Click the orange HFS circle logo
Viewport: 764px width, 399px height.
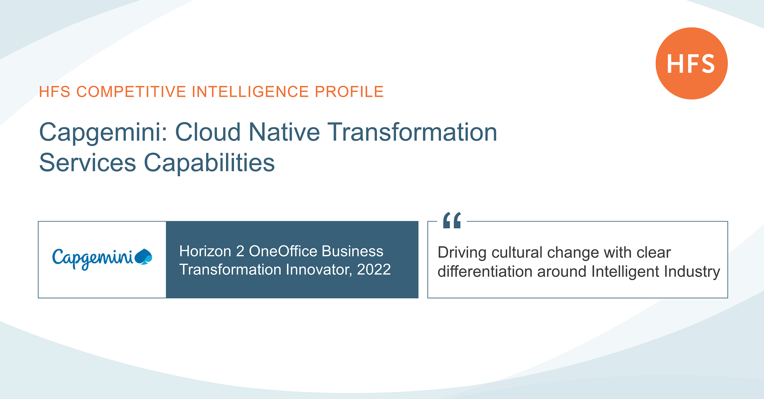[x=691, y=63]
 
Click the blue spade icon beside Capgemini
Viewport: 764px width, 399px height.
[x=144, y=257]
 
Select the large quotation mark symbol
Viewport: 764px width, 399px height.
[x=452, y=220]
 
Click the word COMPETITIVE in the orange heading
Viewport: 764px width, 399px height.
[x=131, y=92]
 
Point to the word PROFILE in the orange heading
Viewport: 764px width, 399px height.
[x=349, y=92]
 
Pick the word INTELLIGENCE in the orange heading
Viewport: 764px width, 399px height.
[x=250, y=92]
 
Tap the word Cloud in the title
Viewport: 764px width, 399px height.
[x=208, y=132]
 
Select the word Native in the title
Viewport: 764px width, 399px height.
[x=284, y=132]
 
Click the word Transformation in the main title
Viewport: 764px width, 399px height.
[x=412, y=132]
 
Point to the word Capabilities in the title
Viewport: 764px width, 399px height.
[x=209, y=163]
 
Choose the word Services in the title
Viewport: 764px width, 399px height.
[x=88, y=163]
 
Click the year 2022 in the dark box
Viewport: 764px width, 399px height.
[x=374, y=270]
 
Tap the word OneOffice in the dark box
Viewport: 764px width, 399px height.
[x=283, y=251]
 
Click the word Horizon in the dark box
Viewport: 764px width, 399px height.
[x=205, y=251]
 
